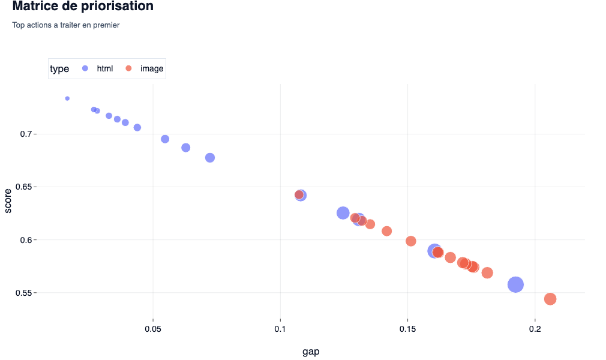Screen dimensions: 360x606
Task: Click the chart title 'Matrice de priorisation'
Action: pos(83,7)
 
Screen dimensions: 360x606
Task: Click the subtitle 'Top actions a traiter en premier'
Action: pos(66,25)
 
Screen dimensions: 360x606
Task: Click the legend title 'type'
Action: pos(59,69)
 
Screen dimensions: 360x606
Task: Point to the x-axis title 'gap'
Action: pos(311,352)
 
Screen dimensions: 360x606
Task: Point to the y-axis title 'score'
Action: pos(8,200)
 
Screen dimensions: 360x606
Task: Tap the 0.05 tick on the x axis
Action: pos(153,329)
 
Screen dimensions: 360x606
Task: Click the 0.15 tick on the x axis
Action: pos(407,329)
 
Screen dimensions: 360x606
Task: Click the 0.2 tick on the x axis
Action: pos(535,329)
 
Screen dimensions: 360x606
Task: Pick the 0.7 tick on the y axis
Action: pos(25,134)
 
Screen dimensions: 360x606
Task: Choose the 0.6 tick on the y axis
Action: pos(25,240)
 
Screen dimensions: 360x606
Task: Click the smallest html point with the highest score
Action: pos(67,98)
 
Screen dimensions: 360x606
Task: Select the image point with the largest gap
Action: pos(550,299)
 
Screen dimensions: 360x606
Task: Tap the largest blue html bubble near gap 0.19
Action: pos(516,284)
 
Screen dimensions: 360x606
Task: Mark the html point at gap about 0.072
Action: pos(210,158)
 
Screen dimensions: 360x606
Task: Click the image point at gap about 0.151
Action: pos(411,241)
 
